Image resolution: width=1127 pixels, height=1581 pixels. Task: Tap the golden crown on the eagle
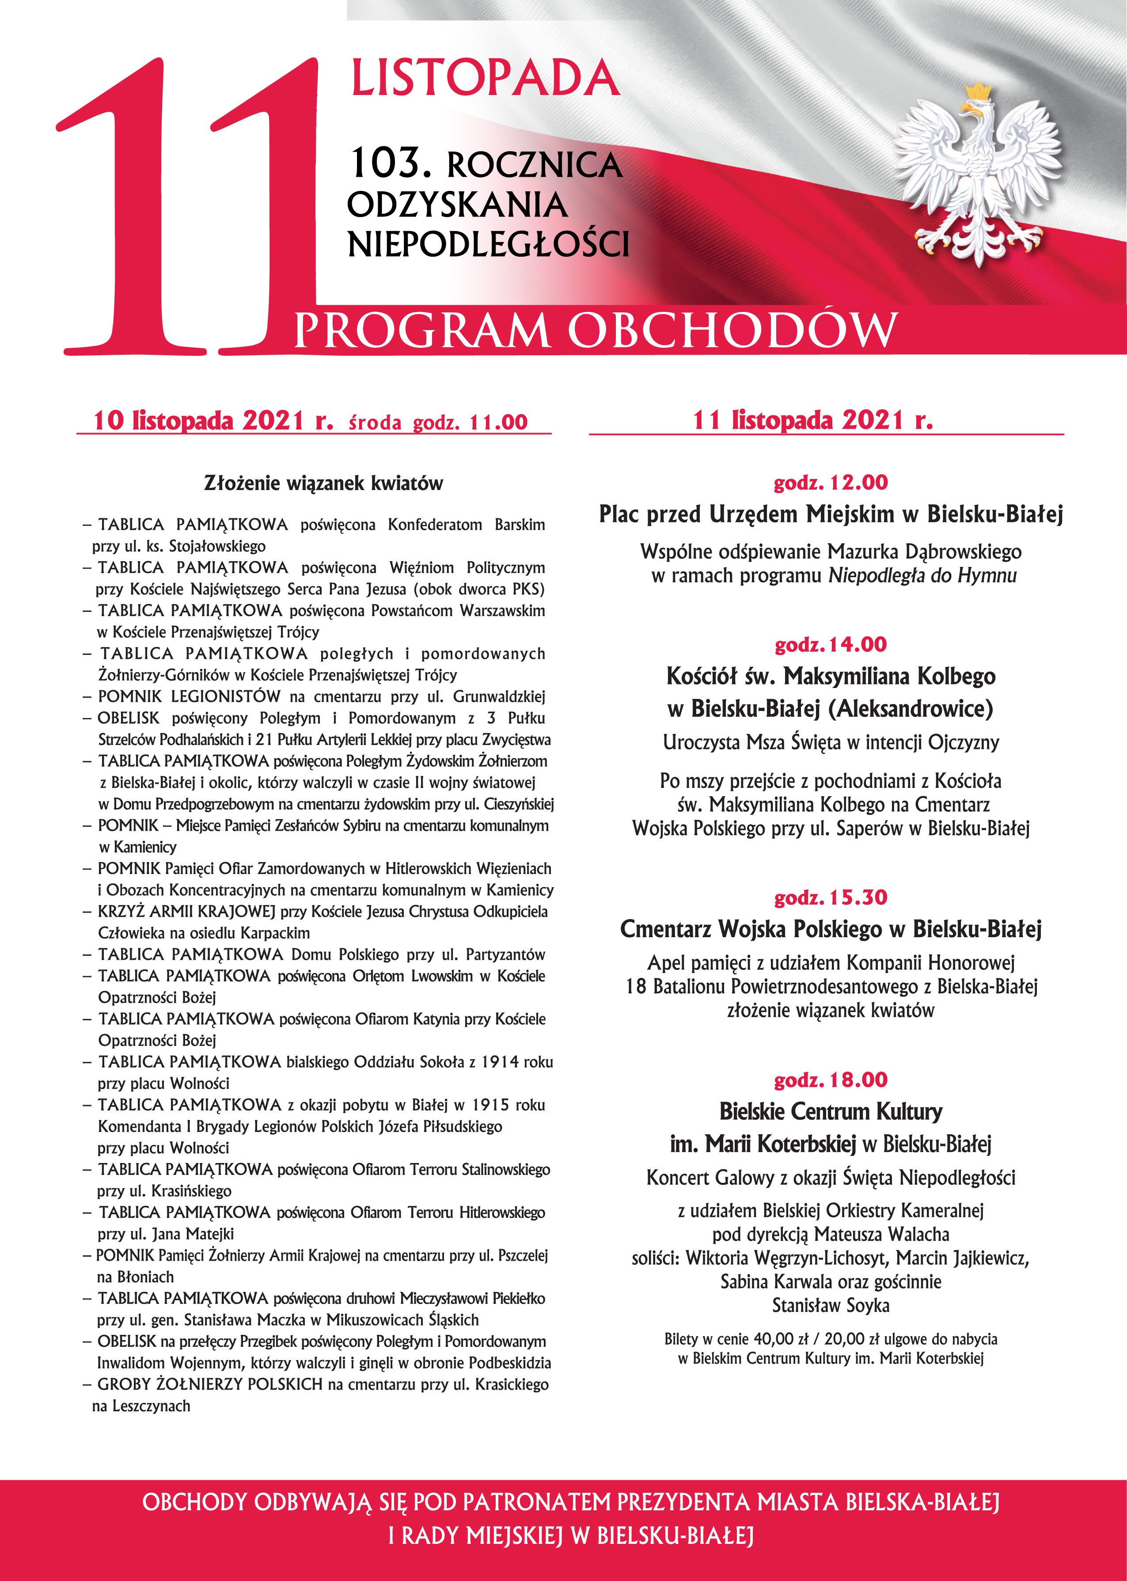978,91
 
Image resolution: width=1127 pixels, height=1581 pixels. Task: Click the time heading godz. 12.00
831,483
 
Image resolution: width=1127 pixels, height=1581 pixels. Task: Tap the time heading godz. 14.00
831,645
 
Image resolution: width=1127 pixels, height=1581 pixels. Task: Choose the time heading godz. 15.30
831,897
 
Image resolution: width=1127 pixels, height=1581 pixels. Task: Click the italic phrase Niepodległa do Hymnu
922,575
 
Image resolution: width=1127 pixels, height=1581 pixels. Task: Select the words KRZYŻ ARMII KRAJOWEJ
187,911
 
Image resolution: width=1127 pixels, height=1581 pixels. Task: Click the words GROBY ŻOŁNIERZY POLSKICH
210,1384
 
